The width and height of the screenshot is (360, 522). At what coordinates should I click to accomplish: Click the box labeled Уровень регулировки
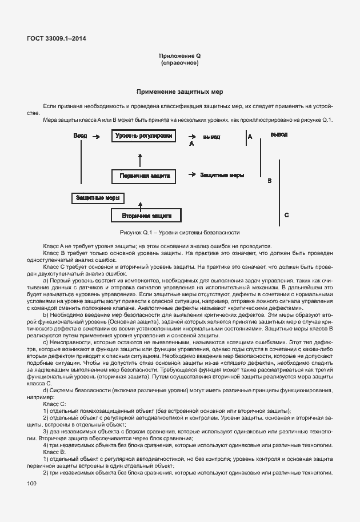pyautogui.click(x=143, y=137)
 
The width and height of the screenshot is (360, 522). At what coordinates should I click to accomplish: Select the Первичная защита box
pyautogui.click(x=145, y=176)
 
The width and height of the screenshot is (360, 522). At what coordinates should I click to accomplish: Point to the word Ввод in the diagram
pyautogui.click(x=81, y=136)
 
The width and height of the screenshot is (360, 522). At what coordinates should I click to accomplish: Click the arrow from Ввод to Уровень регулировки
pyautogui.click(x=97, y=137)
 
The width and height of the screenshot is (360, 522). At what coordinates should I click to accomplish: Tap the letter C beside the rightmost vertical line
pyautogui.click(x=286, y=215)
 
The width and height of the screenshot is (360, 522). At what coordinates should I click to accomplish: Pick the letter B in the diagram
pyautogui.click(x=269, y=181)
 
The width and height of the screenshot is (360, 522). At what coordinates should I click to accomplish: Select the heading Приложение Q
pyautogui.click(x=179, y=56)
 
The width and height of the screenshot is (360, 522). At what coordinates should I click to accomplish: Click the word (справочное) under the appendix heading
pyautogui.click(x=179, y=63)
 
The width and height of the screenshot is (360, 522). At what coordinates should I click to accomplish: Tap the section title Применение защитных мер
pyautogui.click(x=179, y=92)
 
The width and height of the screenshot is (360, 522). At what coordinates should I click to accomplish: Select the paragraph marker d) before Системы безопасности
pyautogui.click(x=46, y=390)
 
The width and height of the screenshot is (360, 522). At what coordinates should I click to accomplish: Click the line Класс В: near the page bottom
pyautogui.click(x=55, y=452)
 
